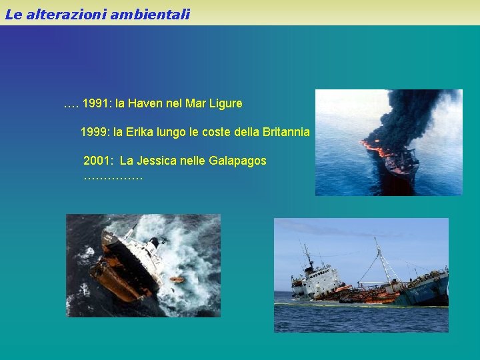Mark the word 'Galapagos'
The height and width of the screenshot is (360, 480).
237,161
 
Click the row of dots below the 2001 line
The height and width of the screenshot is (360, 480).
113,177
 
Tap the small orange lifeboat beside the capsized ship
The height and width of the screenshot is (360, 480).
177,279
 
